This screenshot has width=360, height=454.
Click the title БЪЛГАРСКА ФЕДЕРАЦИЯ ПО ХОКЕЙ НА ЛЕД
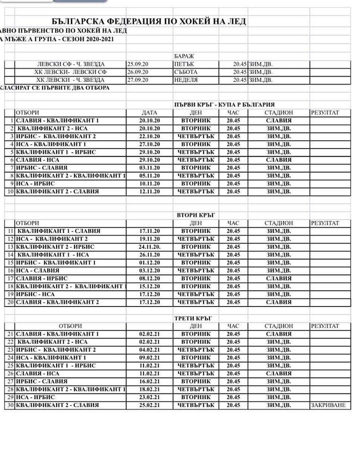151,22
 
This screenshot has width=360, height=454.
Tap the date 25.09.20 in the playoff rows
137,64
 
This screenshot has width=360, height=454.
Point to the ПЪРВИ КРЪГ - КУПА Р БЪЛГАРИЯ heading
224,105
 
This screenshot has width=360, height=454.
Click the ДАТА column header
150,113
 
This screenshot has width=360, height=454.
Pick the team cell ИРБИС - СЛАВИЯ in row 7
38,168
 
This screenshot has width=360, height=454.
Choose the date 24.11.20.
150,247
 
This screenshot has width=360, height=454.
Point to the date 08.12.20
150,279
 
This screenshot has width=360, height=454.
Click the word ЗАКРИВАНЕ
328,405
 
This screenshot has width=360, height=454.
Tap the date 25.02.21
150,405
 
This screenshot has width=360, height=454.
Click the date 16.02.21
150,381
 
